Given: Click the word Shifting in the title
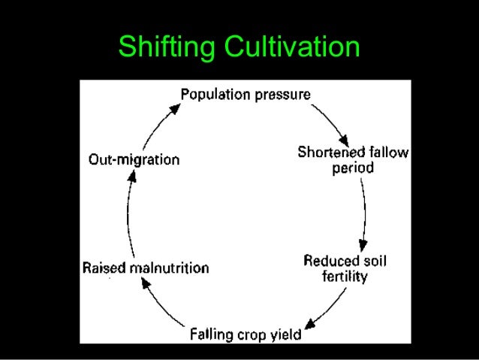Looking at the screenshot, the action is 163,47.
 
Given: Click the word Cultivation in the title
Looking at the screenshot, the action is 287,47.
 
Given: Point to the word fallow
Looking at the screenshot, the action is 387,153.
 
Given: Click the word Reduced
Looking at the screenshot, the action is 329,262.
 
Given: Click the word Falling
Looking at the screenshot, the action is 212,334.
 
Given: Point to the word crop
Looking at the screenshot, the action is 254,334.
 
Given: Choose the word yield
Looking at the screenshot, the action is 287,334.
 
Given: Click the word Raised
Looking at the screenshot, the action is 102,268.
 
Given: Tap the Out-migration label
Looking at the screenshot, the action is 134,160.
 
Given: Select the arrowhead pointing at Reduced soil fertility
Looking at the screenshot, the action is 363,246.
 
